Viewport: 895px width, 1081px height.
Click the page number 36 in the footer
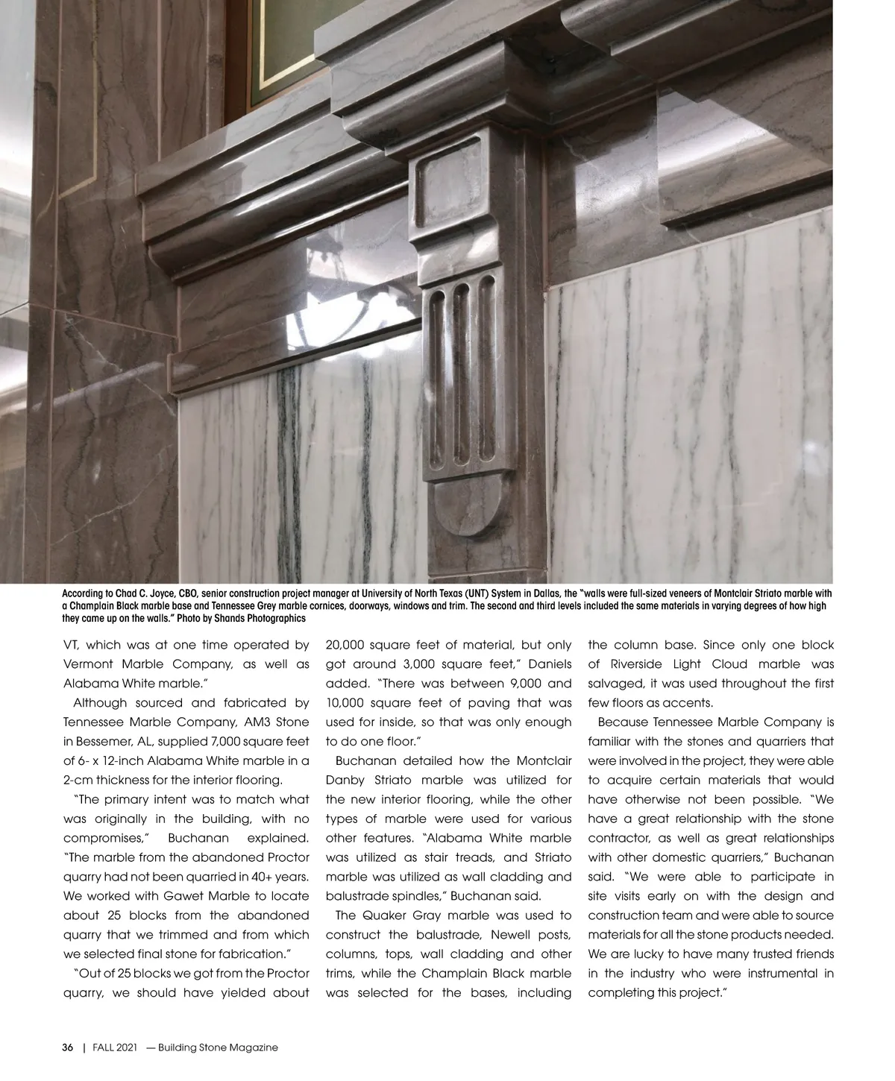click(67, 1047)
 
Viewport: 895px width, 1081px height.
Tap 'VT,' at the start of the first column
click(72, 645)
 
